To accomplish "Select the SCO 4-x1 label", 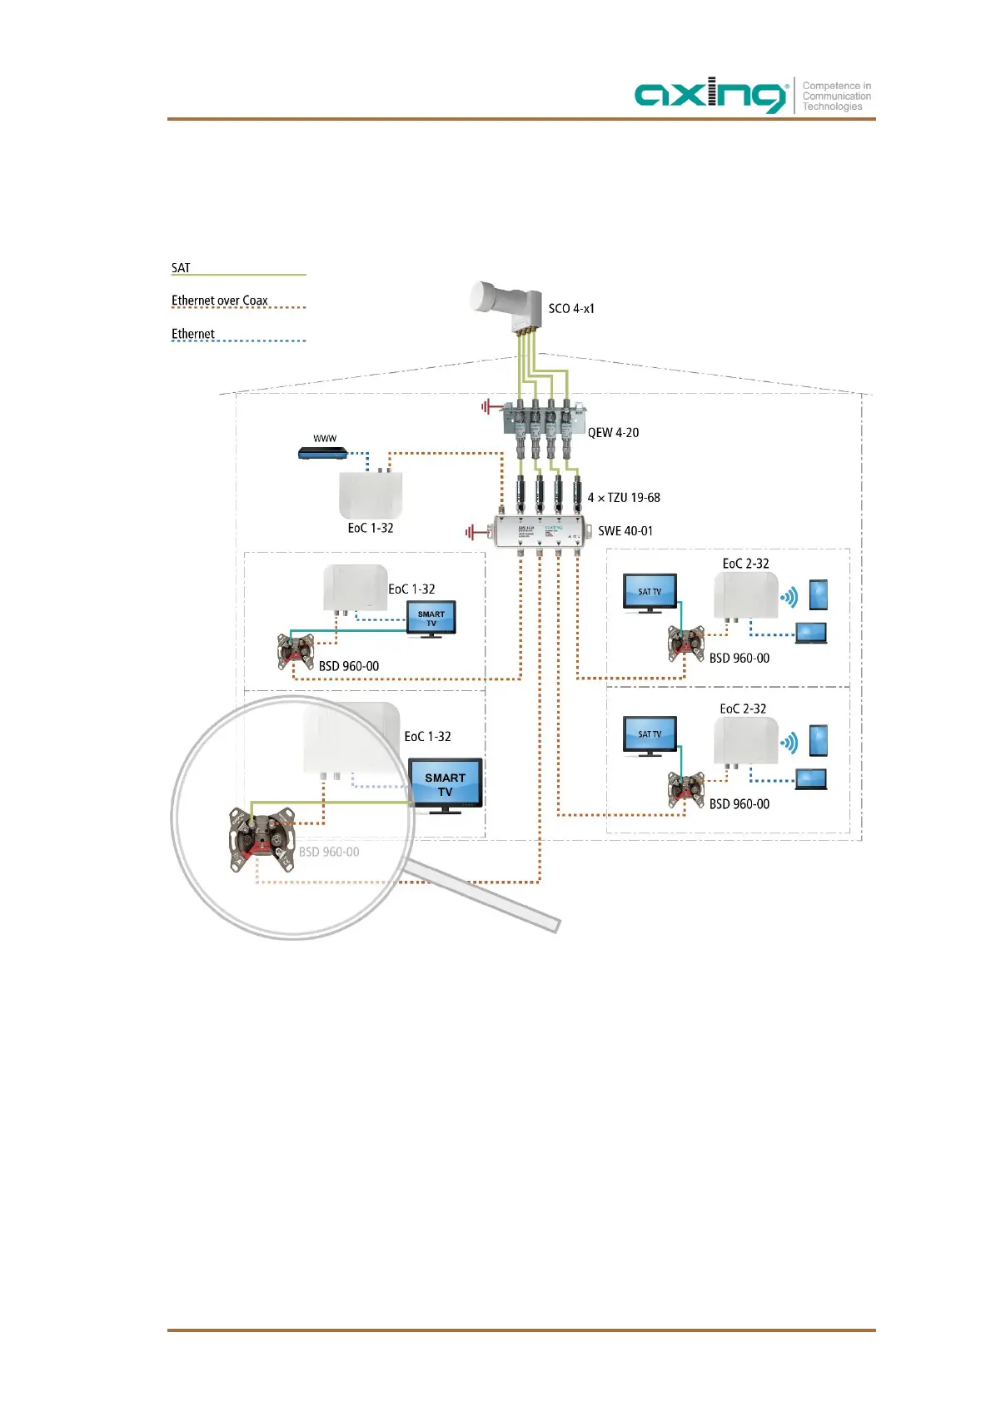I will (571, 309).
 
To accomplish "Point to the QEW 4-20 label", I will (614, 433).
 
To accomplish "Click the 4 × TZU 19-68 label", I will (624, 498).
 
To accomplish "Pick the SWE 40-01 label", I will (625, 531).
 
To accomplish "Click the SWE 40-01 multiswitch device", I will (540, 532).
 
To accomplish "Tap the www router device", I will (322, 453).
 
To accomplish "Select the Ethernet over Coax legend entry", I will (220, 301).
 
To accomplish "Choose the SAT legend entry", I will (181, 268).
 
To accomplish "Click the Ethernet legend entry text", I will (193, 334).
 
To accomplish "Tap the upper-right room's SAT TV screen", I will (650, 591).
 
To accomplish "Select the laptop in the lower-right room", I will (811, 779).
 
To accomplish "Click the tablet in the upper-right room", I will (819, 594).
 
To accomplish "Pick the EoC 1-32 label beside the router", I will (371, 529).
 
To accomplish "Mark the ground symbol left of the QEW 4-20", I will (486, 407).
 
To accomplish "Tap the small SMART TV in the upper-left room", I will (431, 619).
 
